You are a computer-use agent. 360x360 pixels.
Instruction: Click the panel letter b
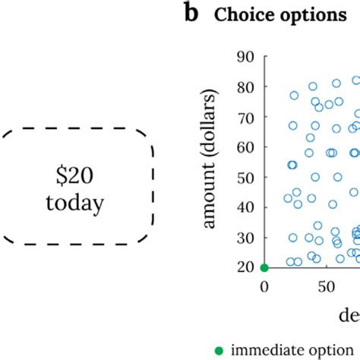point(191,15)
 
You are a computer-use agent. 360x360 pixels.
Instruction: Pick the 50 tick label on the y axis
point(245,177)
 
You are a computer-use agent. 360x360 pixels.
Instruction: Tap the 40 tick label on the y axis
point(245,207)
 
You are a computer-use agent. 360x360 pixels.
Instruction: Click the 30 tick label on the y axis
point(245,237)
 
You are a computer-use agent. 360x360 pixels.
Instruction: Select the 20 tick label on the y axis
point(245,267)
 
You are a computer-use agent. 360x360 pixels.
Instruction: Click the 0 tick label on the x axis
point(264,286)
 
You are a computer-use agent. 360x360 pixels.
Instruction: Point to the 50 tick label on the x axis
point(327,286)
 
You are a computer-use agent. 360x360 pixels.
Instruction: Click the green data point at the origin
point(264,267)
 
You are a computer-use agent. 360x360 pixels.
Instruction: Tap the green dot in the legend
point(219,350)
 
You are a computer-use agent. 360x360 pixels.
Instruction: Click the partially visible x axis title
point(349,314)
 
